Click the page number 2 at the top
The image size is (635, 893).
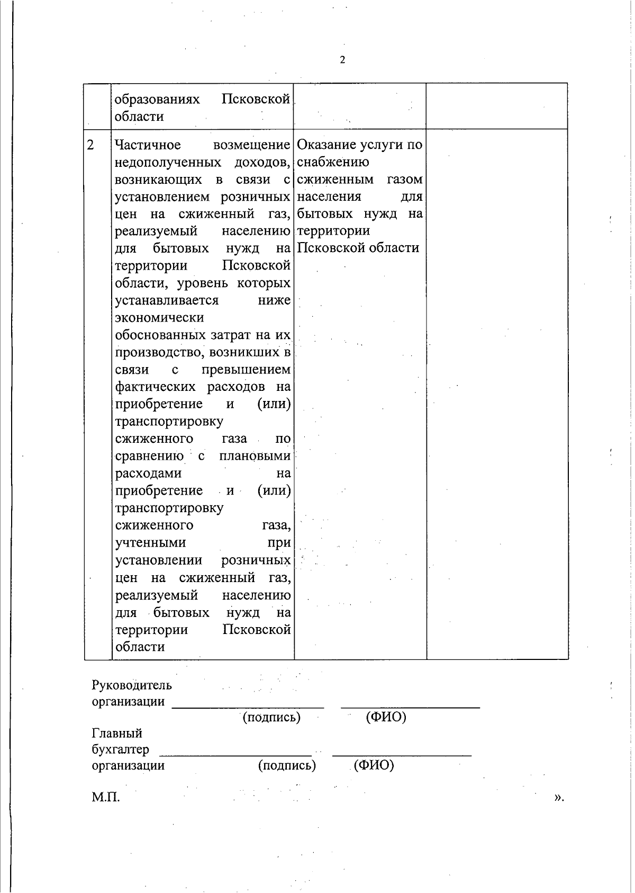342,60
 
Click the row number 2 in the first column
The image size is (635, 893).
91,145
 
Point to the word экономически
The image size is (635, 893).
159,318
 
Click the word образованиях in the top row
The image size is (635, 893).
157,100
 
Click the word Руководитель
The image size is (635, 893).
132,685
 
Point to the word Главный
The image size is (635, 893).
117,734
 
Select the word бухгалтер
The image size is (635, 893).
120,750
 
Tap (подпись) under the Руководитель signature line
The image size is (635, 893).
271,718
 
